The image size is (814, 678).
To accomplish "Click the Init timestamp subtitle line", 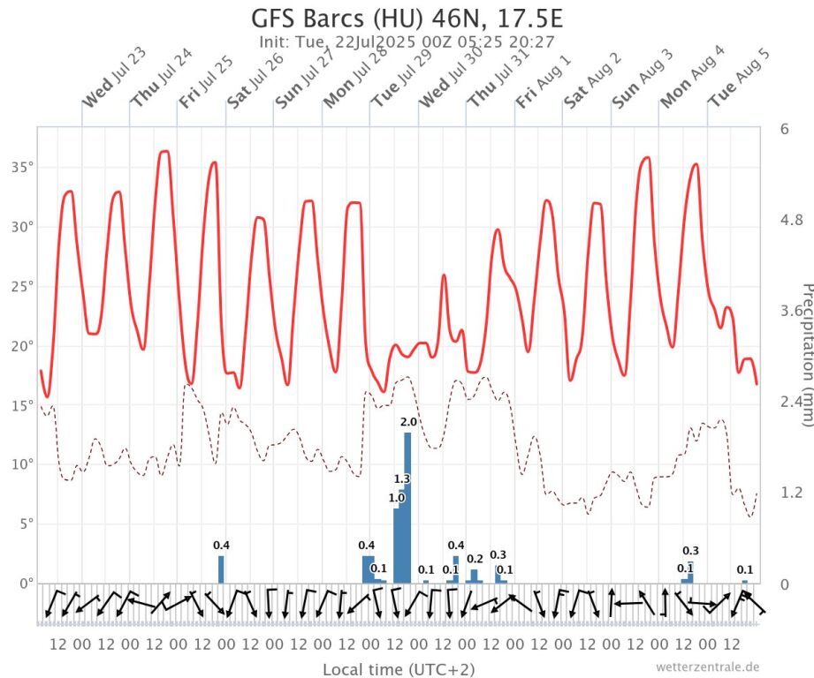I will click(407, 41).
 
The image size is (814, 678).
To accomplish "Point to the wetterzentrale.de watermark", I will click(707, 667).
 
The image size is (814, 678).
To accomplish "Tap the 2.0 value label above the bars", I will click(408, 422).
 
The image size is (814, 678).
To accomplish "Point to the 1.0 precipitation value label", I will click(396, 498).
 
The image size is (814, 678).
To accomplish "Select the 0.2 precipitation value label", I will click(475, 559).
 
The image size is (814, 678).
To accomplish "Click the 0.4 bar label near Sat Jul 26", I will click(221, 545).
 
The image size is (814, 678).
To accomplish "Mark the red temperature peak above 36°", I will click(164, 152).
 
